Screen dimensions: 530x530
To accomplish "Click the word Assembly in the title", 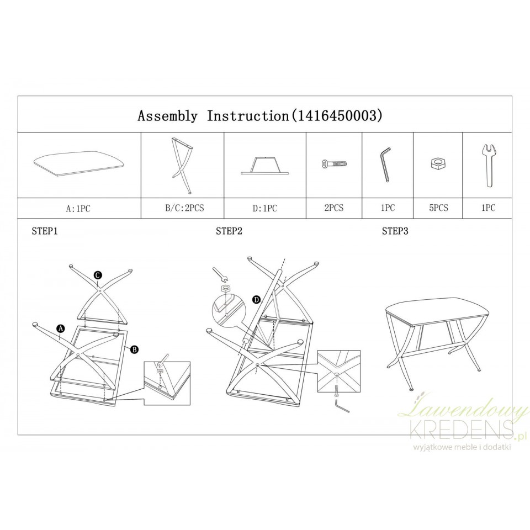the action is pyautogui.click(x=167, y=116).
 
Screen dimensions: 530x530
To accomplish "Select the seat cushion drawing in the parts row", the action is pyautogui.click(x=80, y=165).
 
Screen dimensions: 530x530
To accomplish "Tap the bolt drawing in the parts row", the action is pyautogui.click(x=335, y=165).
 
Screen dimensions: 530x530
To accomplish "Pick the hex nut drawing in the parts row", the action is pyautogui.click(x=438, y=163).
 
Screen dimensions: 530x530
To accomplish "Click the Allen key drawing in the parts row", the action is pyautogui.click(x=385, y=165).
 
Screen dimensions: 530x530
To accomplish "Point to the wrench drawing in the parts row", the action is pyautogui.click(x=488, y=165).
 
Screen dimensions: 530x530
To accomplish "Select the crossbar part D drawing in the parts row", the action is pyautogui.click(x=265, y=166).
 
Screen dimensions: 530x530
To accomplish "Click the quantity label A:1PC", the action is pyautogui.click(x=78, y=209).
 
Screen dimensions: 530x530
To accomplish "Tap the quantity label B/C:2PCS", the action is pyautogui.click(x=184, y=208).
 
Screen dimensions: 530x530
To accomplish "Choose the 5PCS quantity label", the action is pyautogui.click(x=438, y=208).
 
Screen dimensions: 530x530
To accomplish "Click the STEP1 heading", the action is pyautogui.click(x=45, y=231).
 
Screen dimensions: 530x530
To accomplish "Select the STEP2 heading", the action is pyautogui.click(x=229, y=231).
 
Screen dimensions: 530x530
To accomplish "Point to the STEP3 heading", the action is pyautogui.click(x=395, y=231).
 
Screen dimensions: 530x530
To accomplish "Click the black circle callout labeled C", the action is pyautogui.click(x=98, y=275).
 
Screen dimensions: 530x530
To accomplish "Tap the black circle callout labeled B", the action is pyautogui.click(x=135, y=349).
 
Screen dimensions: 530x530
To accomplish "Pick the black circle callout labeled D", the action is pyautogui.click(x=257, y=299).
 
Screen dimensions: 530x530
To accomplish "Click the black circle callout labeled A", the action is pyautogui.click(x=61, y=328).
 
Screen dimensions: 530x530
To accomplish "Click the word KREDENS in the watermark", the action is pyautogui.click(x=460, y=428).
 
